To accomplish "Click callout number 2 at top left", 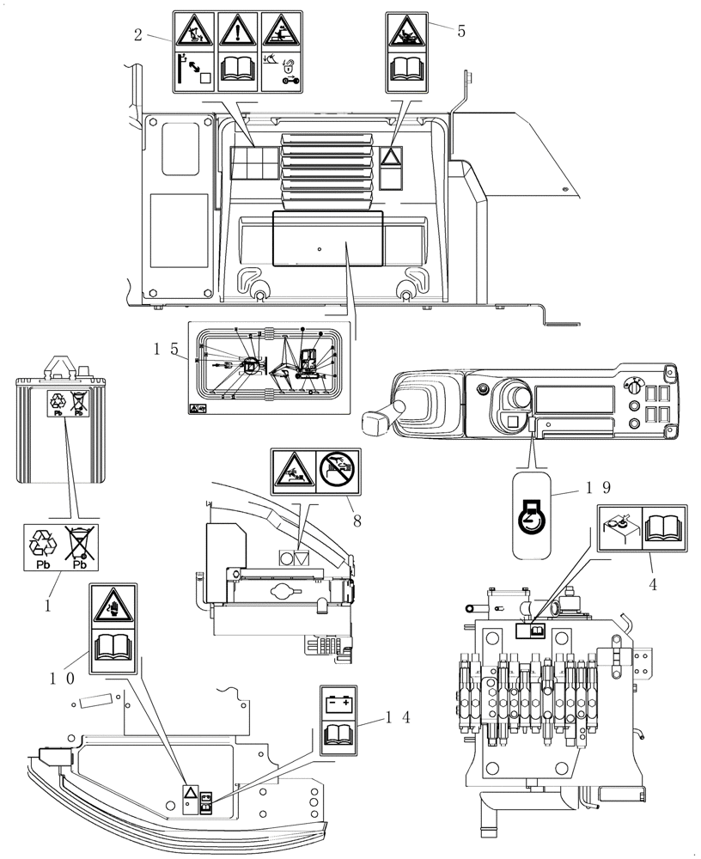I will [x=137, y=36].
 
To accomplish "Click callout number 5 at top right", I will [x=461, y=32].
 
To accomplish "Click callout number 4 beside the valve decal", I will [x=655, y=586].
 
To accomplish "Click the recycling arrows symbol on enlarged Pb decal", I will [x=41, y=543].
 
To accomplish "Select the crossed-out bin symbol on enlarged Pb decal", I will [x=78, y=542].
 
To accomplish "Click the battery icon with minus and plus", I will [x=338, y=704].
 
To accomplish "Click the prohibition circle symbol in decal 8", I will [x=337, y=469].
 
